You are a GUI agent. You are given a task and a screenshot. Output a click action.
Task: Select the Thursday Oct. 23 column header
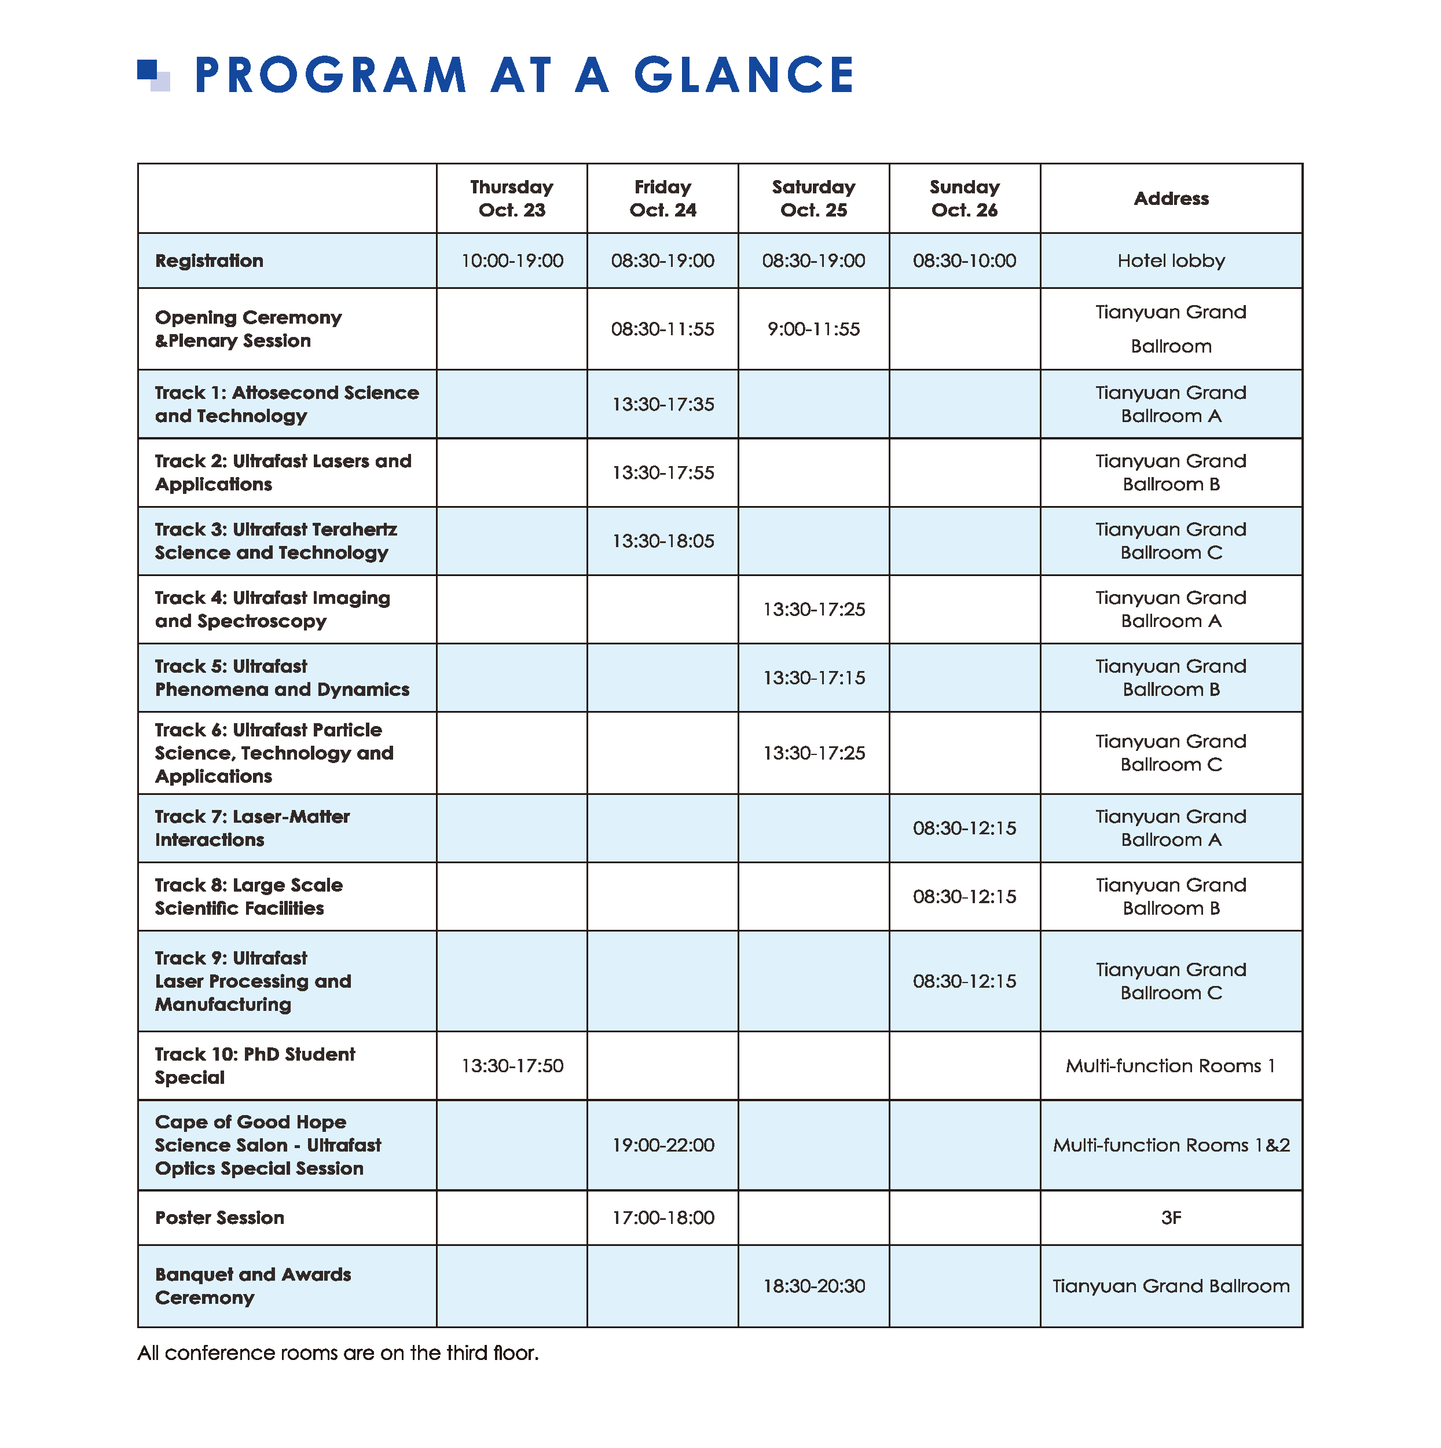pyautogui.click(x=512, y=199)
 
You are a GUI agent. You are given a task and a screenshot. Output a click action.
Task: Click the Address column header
pyautogui.click(x=1171, y=199)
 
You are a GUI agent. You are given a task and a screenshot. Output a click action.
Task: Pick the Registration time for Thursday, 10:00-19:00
pyautogui.click(x=512, y=261)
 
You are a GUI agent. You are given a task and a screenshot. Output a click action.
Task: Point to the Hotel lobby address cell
pyautogui.click(x=1171, y=261)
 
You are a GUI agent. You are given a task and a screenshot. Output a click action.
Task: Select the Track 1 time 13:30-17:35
pyautogui.click(x=662, y=405)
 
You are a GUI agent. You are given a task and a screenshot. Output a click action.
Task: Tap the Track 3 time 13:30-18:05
pyautogui.click(x=662, y=541)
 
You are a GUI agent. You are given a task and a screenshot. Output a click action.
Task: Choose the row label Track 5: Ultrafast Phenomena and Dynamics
pyautogui.click(x=282, y=677)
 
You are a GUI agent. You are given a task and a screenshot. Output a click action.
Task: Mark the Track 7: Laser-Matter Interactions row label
pyautogui.click(x=252, y=828)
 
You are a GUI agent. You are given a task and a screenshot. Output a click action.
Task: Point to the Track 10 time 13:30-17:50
pyautogui.click(x=512, y=1066)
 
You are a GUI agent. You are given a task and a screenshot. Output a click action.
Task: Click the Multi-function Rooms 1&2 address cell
pyautogui.click(x=1171, y=1145)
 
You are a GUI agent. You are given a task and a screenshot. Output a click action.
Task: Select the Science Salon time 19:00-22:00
pyautogui.click(x=662, y=1145)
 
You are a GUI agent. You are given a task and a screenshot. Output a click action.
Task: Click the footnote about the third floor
pyautogui.click(x=338, y=1353)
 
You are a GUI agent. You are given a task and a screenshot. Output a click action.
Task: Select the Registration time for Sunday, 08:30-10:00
pyautogui.click(x=965, y=261)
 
